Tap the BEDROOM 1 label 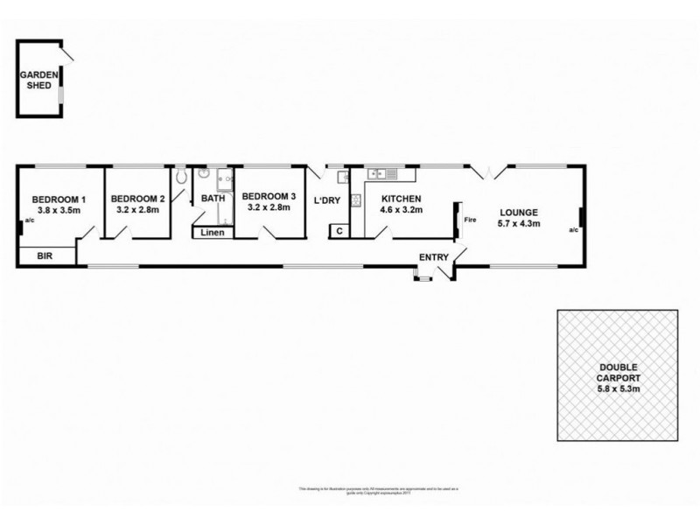coord(56,199)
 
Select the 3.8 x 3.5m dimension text coord(56,211)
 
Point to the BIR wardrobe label coord(44,257)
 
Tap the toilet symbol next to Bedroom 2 coord(181,177)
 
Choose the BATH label coord(213,199)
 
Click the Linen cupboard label coord(213,233)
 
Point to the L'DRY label coord(326,201)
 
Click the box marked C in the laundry coord(338,231)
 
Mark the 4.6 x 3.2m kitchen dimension coord(402,211)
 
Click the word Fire coord(470,220)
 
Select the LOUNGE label coord(519,212)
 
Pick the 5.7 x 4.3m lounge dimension coord(519,224)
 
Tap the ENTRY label coord(434,257)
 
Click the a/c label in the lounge coord(573,231)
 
